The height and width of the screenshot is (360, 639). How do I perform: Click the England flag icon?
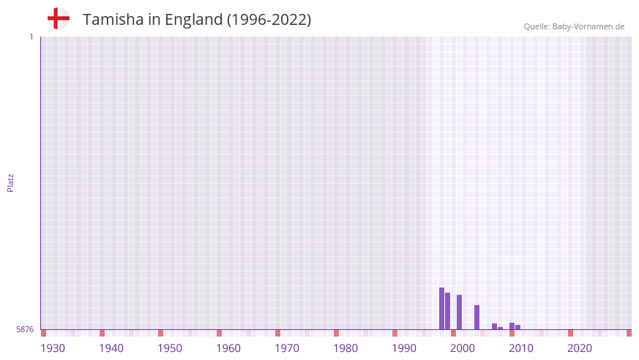(59, 19)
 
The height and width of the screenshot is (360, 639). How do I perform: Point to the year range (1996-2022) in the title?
(269, 20)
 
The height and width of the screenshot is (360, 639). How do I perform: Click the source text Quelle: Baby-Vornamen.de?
(574, 26)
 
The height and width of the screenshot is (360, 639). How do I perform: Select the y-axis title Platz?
(10, 182)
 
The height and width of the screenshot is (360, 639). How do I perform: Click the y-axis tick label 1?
(31, 37)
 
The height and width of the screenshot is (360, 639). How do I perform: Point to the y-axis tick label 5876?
(25, 330)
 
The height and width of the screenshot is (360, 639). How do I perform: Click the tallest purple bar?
(441, 308)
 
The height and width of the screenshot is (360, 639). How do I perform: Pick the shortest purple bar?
(501, 328)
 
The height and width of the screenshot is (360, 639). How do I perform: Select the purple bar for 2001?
(459, 312)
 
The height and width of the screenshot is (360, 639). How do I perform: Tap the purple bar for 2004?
(477, 317)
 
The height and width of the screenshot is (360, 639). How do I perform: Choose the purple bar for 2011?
(517, 327)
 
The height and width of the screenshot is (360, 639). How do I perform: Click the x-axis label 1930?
(53, 348)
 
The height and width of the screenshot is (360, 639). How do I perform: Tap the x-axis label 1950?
(170, 348)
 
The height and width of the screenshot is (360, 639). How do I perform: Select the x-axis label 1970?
(287, 348)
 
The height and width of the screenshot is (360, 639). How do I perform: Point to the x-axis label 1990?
(404, 348)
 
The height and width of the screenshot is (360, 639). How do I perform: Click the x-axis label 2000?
(463, 348)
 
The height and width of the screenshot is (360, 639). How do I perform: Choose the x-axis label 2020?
(580, 348)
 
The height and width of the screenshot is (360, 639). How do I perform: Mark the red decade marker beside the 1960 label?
(219, 333)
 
